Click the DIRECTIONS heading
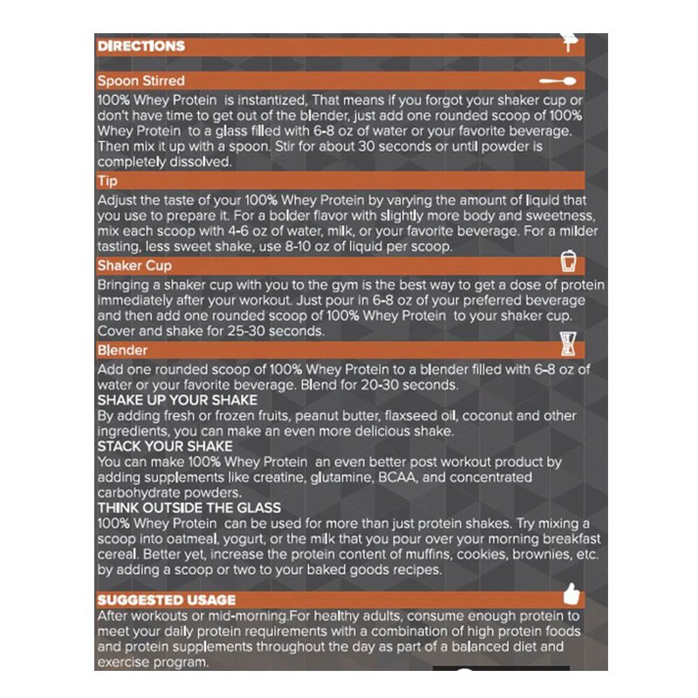pyautogui.click(x=140, y=45)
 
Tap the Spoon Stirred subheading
pyautogui.click(x=140, y=81)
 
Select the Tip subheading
pyautogui.click(x=108, y=181)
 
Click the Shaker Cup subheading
pyautogui.click(x=134, y=265)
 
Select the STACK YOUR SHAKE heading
pyautogui.click(x=165, y=447)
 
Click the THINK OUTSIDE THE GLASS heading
pyautogui.click(x=189, y=508)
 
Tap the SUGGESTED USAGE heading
pyautogui.click(x=166, y=600)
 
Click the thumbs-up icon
pyautogui.click(x=571, y=595)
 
